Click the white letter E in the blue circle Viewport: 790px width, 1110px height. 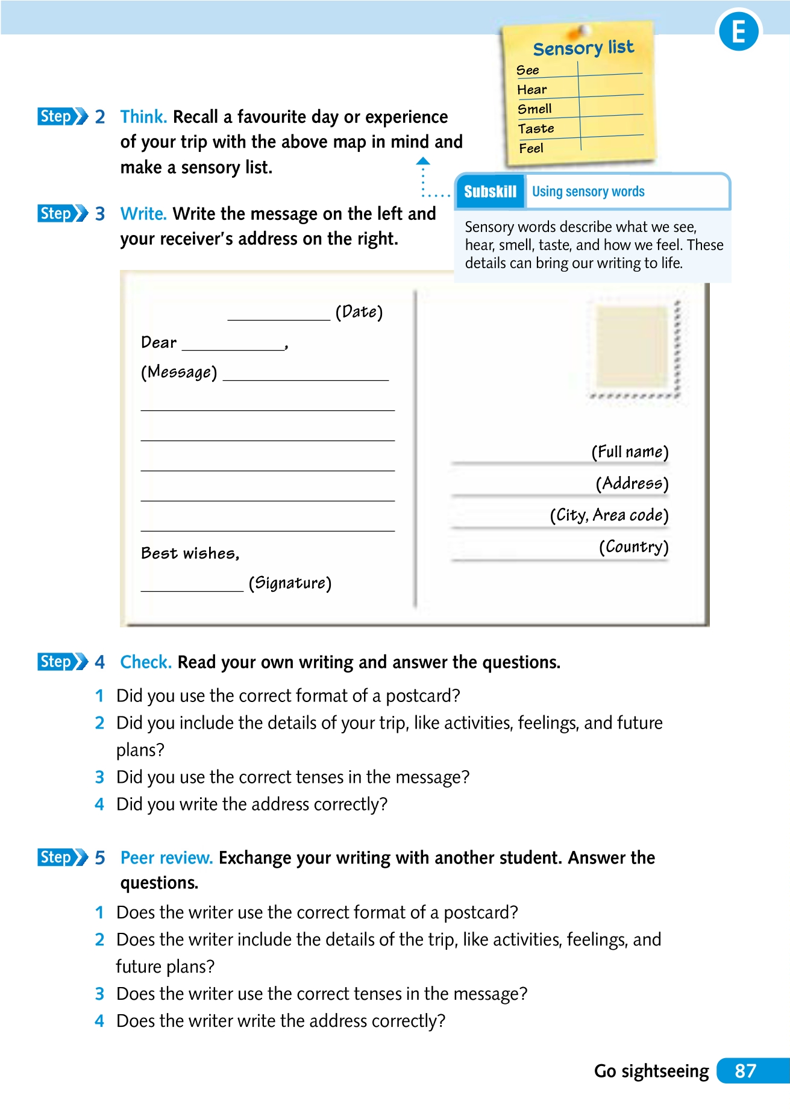point(738,32)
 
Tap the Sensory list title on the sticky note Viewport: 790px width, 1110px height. point(583,48)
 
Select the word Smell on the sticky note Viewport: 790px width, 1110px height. point(535,109)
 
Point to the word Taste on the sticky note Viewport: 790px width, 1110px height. point(536,128)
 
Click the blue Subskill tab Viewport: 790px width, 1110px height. point(490,192)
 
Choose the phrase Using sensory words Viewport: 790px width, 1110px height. point(588,192)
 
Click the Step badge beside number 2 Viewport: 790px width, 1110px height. point(62,116)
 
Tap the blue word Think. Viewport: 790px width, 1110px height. point(143,117)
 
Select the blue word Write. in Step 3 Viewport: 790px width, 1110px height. point(143,214)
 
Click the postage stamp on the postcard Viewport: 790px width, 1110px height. point(633,348)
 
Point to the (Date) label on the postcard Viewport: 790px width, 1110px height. point(359,312)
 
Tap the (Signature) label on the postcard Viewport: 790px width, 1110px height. point(290,583)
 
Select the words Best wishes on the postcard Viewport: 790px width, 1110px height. point(190,553)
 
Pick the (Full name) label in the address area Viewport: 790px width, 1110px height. point(630,451)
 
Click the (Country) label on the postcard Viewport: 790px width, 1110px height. point(633,547)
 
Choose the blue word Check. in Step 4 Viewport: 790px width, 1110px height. point(146,662)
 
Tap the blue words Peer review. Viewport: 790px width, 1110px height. point(166,858)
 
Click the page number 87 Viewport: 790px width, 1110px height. point(745,1071)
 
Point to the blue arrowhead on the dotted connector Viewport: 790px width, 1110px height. point(423,161)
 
